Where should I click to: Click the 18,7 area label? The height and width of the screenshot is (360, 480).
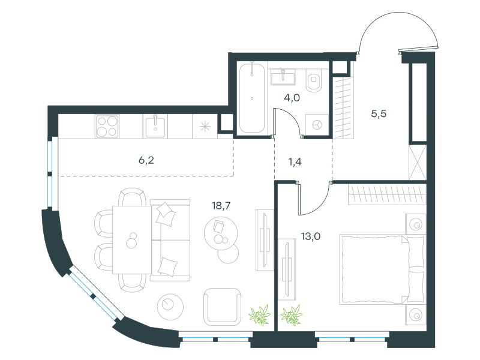pyautogui.click(x=221, y=206)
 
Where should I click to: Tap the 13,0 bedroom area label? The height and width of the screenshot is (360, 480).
pyautogui.click(x=311, y=236)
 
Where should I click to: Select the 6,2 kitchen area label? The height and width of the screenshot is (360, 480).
pyautogui.click(x=146, y=160)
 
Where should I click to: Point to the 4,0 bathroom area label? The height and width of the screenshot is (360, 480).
pyautogui.click(x=292, y=98)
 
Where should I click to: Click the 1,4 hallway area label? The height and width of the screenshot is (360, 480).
pyautogui.click(x=295, y=161)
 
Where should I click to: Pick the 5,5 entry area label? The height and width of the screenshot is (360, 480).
pyautogui.click(x=379, y=114)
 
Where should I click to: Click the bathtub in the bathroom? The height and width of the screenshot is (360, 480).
pyautogui.click(x=252, y=98)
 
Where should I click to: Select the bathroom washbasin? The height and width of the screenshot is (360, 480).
pyautogui.click(x=283, y=77)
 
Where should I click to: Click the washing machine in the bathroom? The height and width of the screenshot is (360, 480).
pyautogui.click(x=317, y=125)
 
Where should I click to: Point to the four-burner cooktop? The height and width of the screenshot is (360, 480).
pyautogui.click(x=107, y=127)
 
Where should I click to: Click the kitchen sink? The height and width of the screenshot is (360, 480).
pyautogui.click(x=155, y=127)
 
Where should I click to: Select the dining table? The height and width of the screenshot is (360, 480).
pyautogui.click(x=132, y=239)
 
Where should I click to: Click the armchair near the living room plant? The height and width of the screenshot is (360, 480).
pyautogui.click(x=222, y=307)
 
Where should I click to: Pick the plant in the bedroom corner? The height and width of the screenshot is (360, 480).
pyautogui.click(x=291, y=314)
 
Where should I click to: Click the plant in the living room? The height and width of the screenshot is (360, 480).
pyautogui.click(x=260, y=314)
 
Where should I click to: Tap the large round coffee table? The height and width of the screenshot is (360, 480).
pyautogui.click(x=221, y=233)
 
